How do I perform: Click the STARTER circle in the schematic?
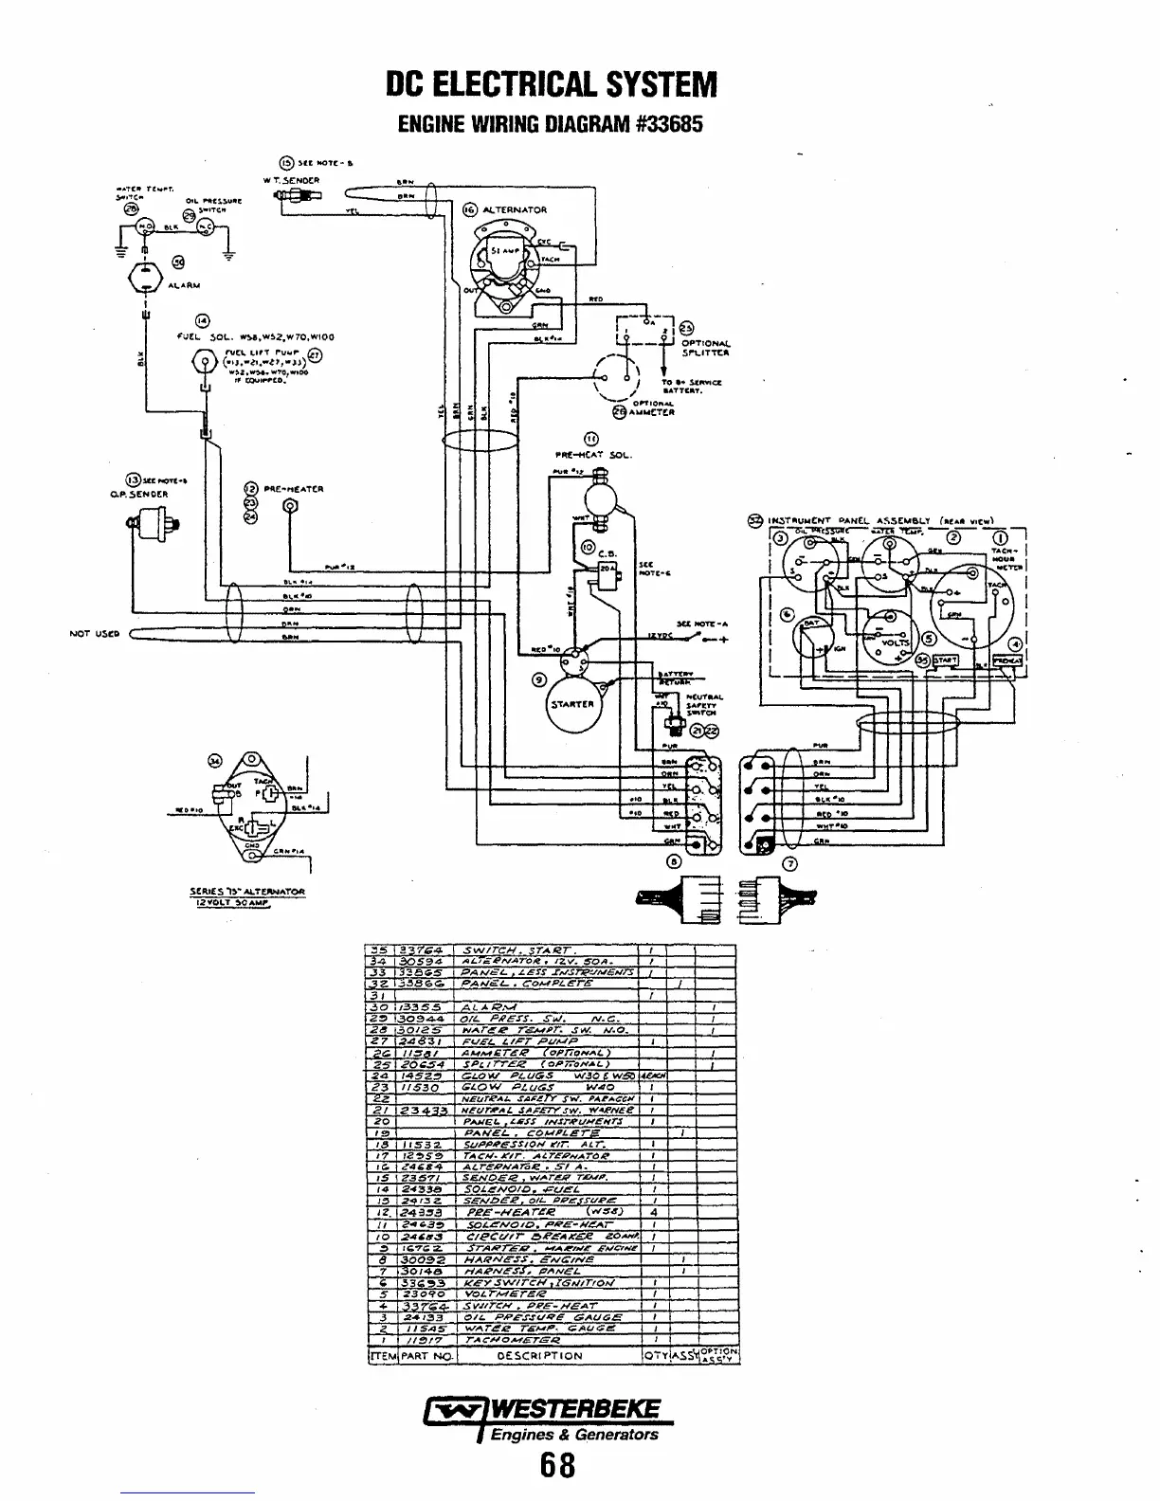(572, 704)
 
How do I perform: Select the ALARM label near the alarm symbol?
(184, 284)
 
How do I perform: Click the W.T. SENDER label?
(291, 180)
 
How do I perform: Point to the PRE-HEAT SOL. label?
(593, 454)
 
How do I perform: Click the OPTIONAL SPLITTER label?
(706, 348)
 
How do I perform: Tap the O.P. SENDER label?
(146, 494)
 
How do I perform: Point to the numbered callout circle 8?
(675, 861)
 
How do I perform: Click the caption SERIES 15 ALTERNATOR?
(247, 893)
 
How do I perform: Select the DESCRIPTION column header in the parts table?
(539, 1355)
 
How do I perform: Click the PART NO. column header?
(426, 1355)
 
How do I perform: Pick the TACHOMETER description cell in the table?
(511, 1340)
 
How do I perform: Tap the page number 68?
(557, 1465)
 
